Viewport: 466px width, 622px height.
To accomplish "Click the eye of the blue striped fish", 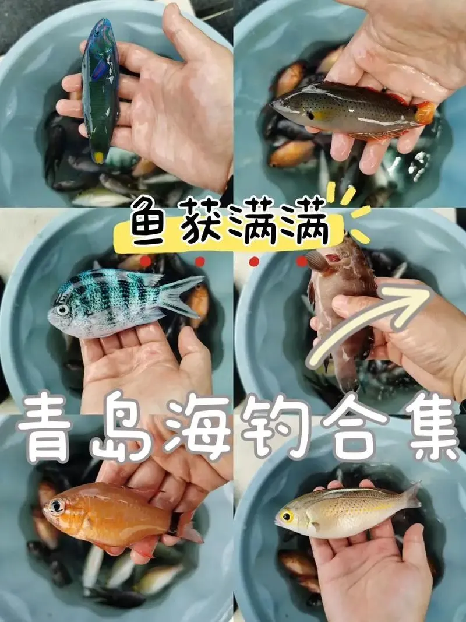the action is [62, 310].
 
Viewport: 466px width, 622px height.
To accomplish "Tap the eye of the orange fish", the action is [57, 506].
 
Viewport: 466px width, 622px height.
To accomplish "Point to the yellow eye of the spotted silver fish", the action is [287, 516].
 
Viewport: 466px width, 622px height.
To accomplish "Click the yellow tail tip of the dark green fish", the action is [98, 157].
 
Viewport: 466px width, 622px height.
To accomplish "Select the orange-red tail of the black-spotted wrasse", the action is [425, 113].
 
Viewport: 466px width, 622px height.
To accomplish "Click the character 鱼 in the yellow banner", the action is [149, 220].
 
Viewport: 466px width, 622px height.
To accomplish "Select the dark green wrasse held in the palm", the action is [100, 90].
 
